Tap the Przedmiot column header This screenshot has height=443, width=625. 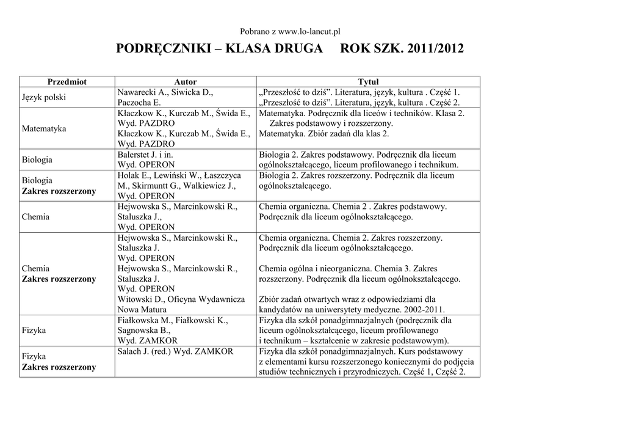[x=67, y=81]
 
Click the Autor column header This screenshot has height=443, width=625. [x=186, y=81]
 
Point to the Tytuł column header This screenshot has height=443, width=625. [x=368, y=81]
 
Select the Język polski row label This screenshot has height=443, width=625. [x=44, y=97]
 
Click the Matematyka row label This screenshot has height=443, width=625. [x=44, y=129]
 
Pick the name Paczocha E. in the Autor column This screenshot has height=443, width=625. [x=139, y=103]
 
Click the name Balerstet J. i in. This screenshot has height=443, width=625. [x=145, y=155]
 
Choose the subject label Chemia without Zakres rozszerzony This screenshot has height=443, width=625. [x=36, y=217]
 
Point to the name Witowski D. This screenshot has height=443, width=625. [x=142, y=299]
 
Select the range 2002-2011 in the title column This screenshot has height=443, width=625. [x=424, y=310]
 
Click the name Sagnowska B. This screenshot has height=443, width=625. [x=143, y=330]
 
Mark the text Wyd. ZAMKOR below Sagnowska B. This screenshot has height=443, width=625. [x=148, y=340]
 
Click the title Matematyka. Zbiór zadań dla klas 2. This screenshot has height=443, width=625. [x=324, y=134]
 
